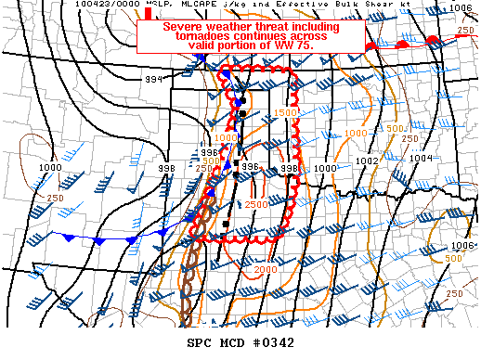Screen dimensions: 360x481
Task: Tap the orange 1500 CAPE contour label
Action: pyautogui.click(x=286, y=112)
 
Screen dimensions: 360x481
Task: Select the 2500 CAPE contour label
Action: pyautogui.click(x=256, y=203)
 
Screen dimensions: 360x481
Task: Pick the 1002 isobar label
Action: pyautogui.click(x=367, y=161)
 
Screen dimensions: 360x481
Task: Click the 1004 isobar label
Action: pyautogui.click(x=421, y=158)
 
